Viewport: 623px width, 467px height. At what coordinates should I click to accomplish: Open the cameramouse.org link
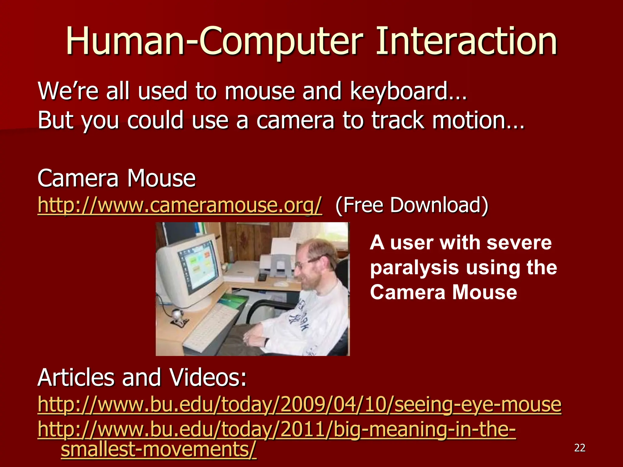click(x=179, y=205)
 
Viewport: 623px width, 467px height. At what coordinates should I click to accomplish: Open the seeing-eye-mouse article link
click(x=299, y=405)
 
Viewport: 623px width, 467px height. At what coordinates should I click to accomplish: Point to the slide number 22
click(x=579, y=448)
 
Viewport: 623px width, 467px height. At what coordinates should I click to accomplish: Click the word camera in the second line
click(x=295, y=120)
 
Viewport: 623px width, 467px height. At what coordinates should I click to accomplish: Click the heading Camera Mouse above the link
click(x=117, y=178)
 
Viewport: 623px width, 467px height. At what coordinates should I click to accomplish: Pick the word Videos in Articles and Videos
click(x=208, y=378)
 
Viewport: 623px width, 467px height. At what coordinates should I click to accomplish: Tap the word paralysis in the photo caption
click(x=414, y=268)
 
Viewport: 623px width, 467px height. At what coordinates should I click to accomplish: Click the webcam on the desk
click(x=177, y=316)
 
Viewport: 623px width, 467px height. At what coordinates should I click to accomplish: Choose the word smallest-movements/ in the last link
click(x=158, y=450)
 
